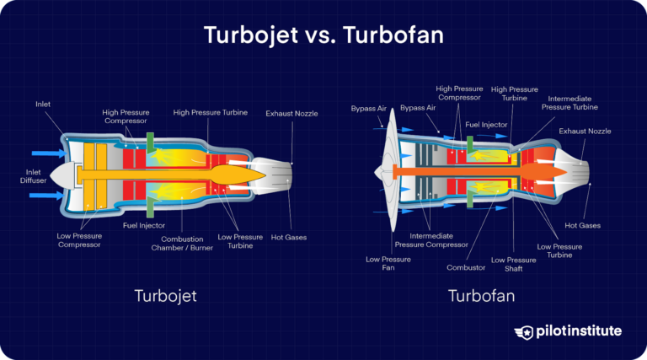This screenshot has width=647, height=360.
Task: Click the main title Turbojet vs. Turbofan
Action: pyautogui.click(x=323, y=36)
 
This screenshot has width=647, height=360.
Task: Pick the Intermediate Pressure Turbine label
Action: pyautogui.click(x=569, y=104)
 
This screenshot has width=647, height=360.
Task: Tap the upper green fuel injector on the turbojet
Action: pyautogui.click(x=149, y=142)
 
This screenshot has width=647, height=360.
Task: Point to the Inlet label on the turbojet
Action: pyautogui.click(x=43, y=104)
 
